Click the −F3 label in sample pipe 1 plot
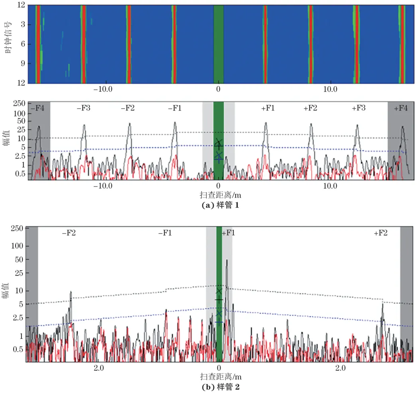tap(84, 108)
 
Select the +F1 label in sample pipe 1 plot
tap(268, 108)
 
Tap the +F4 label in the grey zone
tap(401, 108)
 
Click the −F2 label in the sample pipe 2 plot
tap(69, 233)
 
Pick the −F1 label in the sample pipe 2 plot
tap(165, 233)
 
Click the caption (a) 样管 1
tap(219, 206)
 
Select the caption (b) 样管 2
tap(219, 387)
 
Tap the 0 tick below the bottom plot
tap(219, 367)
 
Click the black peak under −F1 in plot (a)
tap(175, 123)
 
